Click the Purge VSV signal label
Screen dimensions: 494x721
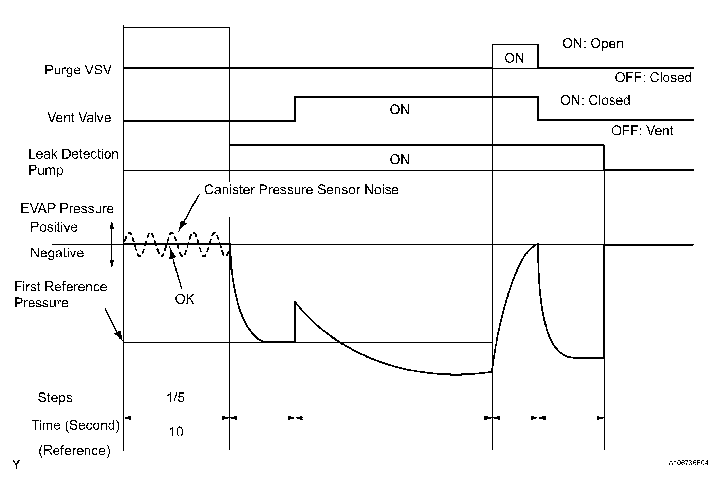click(x=78, y=70)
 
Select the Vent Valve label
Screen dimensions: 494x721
click(x=79, y=117)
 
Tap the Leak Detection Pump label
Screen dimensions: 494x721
click(x=73, y=162)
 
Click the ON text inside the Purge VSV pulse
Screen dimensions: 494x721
click(x=514, y=58)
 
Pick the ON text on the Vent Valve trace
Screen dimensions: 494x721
click(x=400, y=110)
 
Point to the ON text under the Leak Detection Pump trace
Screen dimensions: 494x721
click(x=400, y=160)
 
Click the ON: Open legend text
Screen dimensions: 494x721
click(x=593, y=43)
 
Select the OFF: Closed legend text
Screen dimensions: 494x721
click(x=653, y=78)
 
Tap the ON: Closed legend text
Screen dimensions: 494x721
click(x=595, y=100)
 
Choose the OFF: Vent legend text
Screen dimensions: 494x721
click(x=642, y=131)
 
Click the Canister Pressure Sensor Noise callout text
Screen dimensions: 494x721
click(x=301, y=190)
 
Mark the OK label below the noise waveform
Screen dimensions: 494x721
click(x=185, y=299)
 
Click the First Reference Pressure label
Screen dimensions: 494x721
click(x=60, y=294)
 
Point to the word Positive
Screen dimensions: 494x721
click(x=54, y=227)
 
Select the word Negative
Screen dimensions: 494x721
click(x=57, y=253)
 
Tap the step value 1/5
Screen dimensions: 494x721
click(x=175, y=397)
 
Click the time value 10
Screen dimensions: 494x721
click(x=176, y=432)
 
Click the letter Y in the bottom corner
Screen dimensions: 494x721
click(x=16, y=465)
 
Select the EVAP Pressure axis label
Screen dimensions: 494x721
click(x=67, y=208)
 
